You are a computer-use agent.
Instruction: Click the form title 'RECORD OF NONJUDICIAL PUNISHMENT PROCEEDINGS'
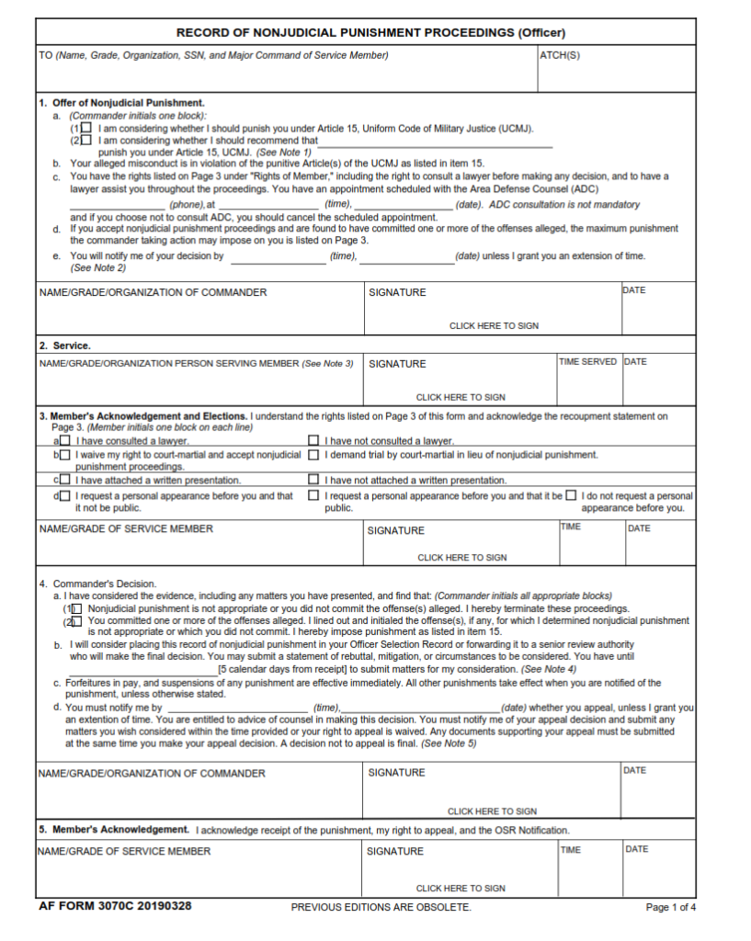click(370, 32)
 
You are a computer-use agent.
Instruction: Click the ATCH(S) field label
click(560, 55)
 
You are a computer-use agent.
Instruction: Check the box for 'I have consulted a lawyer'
click(64, 441)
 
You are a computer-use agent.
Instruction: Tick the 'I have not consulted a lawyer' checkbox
click(313, 441)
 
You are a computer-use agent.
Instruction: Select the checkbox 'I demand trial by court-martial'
click(313, 454)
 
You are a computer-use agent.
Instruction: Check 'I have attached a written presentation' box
click(64, 480)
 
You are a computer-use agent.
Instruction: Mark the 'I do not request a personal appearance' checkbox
click(571, 496)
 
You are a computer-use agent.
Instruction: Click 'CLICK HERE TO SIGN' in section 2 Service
click(461, 398)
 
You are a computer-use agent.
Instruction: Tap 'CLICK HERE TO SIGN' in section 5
click(461, 889)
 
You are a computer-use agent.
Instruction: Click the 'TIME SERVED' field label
click(588, 362)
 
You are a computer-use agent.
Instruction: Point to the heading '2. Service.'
click(64, 346)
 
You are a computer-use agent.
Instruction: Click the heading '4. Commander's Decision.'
click(97, 584)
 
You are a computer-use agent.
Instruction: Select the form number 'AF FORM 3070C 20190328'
click(115, 906)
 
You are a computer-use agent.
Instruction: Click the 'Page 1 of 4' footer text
click(671, 907)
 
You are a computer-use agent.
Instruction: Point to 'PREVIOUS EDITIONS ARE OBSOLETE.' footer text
click(381, 907)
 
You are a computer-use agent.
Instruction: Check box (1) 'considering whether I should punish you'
click(86, 129)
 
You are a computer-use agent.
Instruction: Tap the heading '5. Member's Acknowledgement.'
click(114, 830)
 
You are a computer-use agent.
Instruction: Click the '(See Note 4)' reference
click(549, 670)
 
